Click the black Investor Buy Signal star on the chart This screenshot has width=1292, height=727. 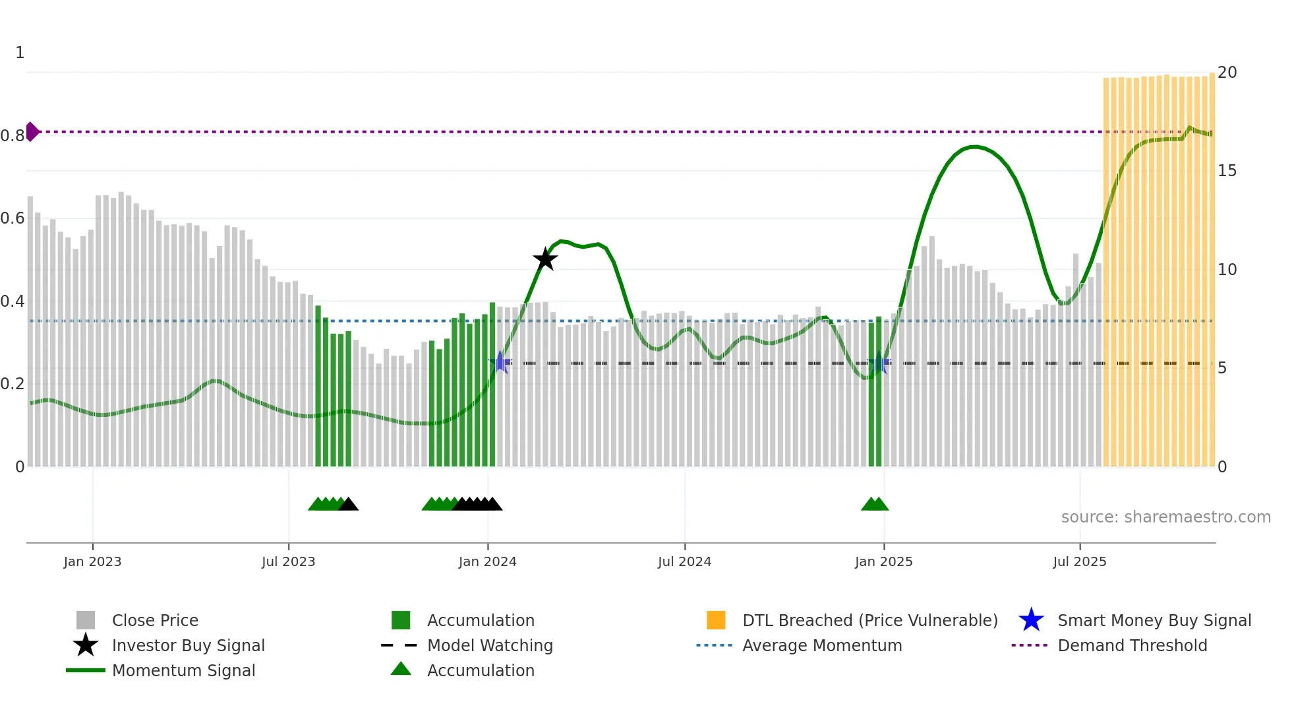pyautogui.click(x=545, y=259)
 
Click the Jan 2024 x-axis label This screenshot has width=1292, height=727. pyautogui.click(x=487, y=561)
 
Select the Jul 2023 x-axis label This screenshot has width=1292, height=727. pyautogui.click(x=288, y=561)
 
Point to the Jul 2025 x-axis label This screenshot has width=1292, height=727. pyautogui.click(x=1079, y=561)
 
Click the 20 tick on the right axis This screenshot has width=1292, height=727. pyautogui.click(x=1227, y=72)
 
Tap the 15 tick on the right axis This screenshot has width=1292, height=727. pyautogui.click(x=1227, y=171)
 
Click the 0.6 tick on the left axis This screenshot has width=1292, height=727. pyautogui.click(x=13, y=218)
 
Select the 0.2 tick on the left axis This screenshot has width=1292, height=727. pyautogui.click(x=13, y=383)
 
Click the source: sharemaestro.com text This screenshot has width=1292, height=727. pyautogui.click(x=1165, y=517)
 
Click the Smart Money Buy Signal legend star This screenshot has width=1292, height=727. pyautogui.click(x=1031, y=620)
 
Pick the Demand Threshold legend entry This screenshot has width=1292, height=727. pyautogui.click(x=1132, y=645)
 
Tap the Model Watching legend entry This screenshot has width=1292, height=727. pyautogui.click(x=490, y=645)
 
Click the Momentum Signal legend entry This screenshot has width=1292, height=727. pyautogui.click(x=183, y=670)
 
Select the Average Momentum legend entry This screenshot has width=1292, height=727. pyautogui.click(x=821, y=645)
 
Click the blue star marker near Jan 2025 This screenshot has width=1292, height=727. pyautogui.click(x=878, y=363)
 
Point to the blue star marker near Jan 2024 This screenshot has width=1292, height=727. pyautogui.click(x=500, y=362)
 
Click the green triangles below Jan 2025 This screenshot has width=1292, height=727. pyautogui.click(x=875, y=504)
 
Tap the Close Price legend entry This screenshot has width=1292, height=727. pyautogui.click(x=154, y=620)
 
